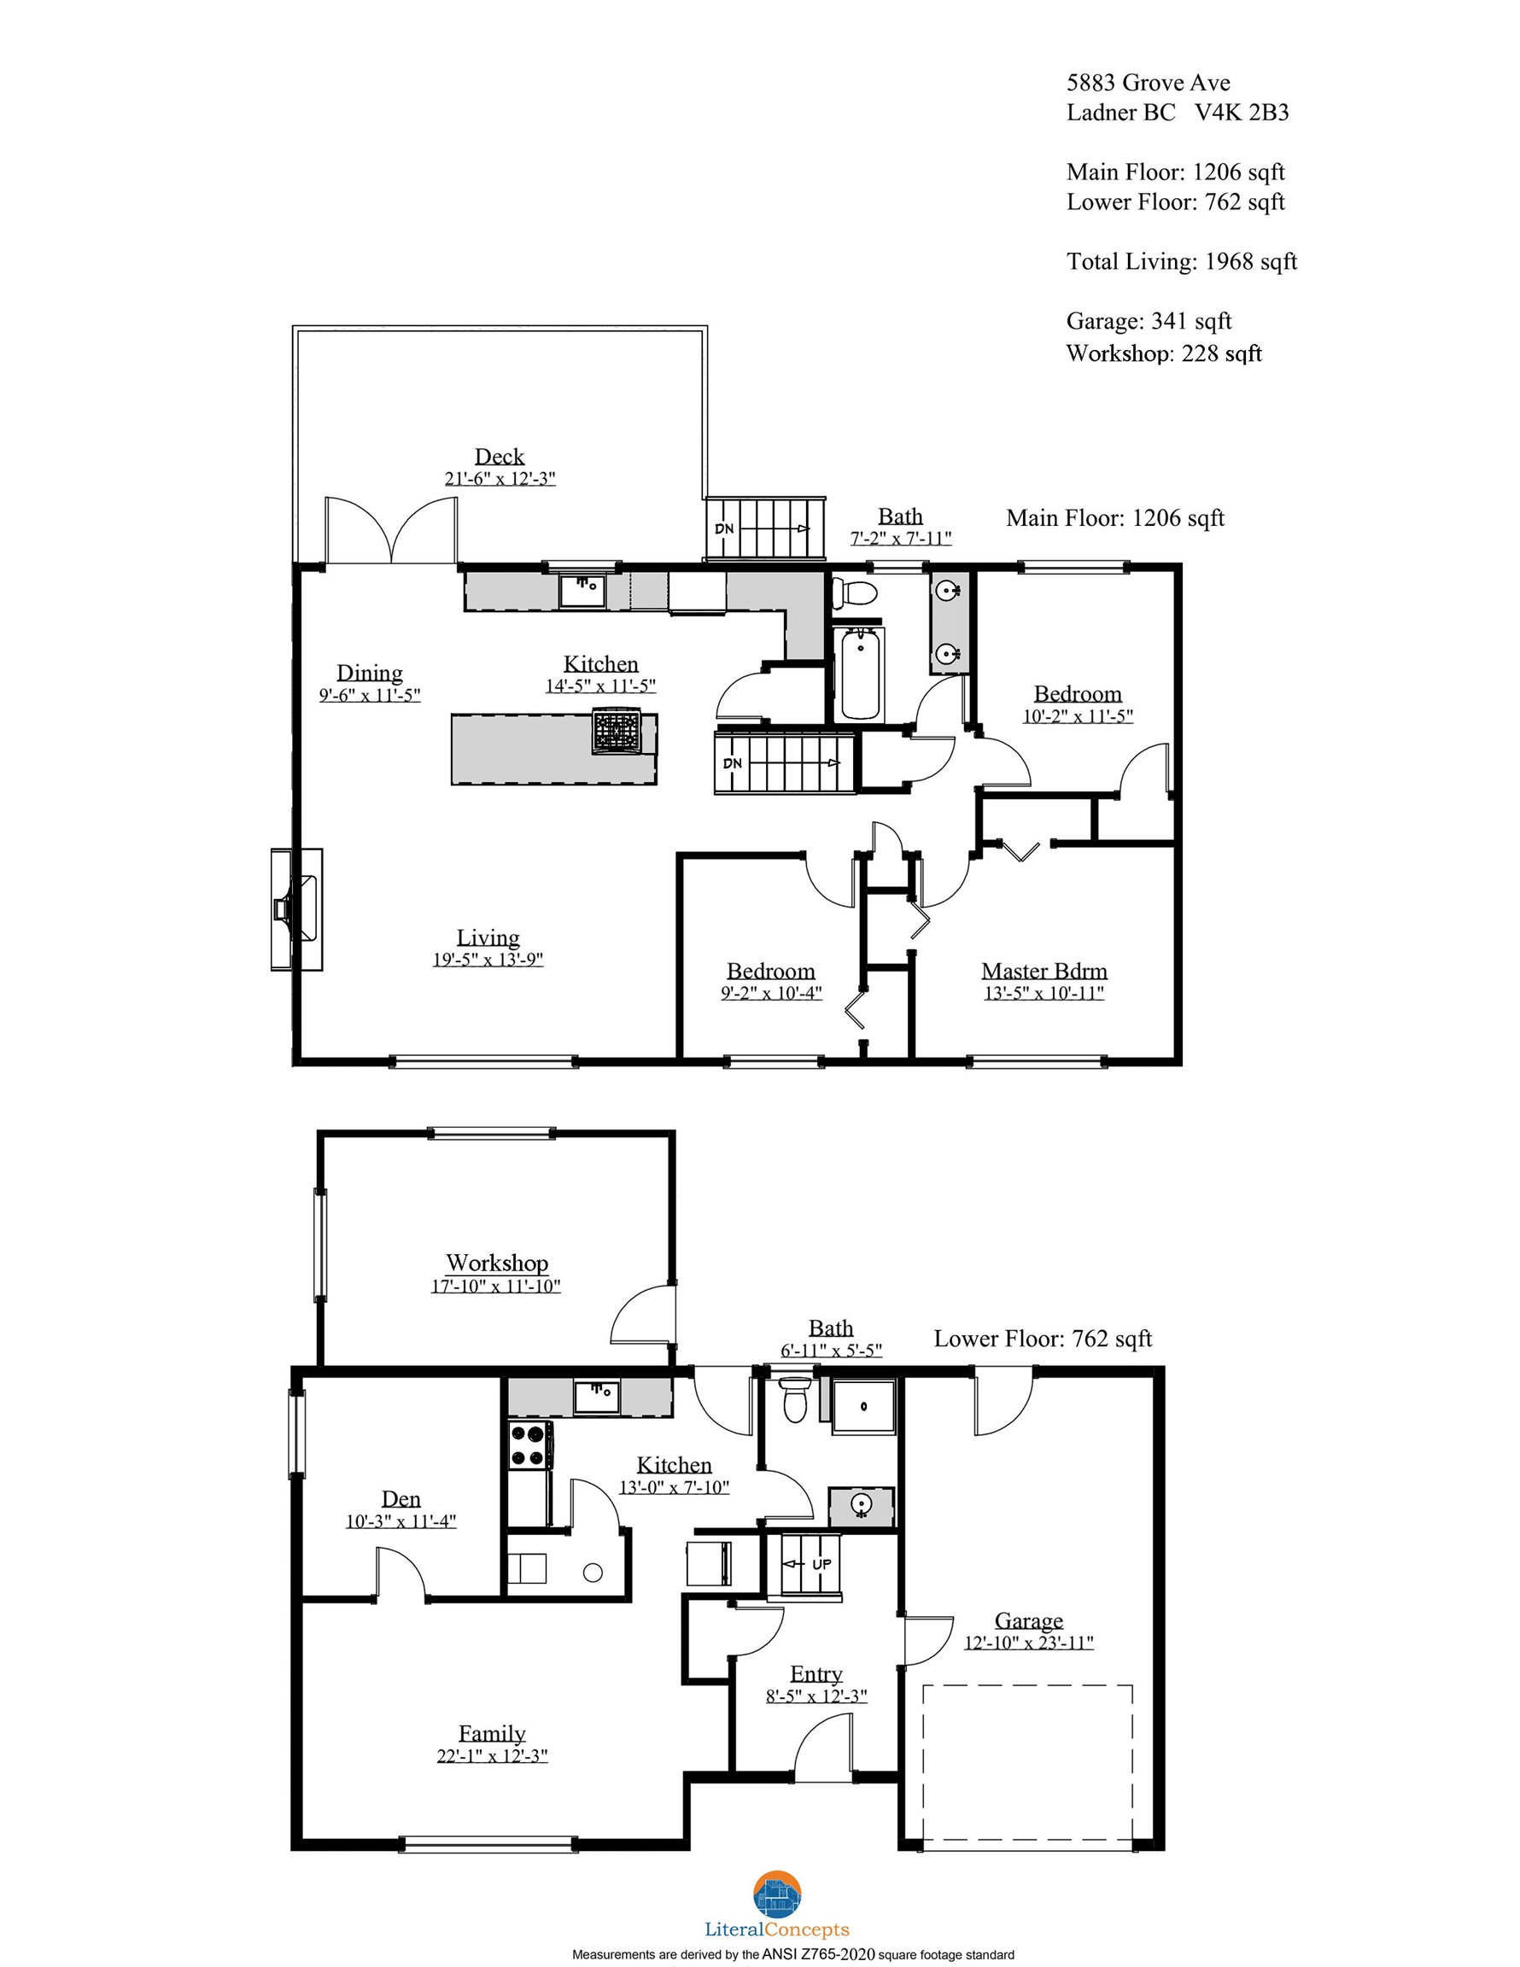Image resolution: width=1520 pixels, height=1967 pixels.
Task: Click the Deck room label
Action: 500,457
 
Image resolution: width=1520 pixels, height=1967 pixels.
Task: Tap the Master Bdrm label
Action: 1044,971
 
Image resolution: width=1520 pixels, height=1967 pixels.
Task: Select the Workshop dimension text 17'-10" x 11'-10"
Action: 495,1286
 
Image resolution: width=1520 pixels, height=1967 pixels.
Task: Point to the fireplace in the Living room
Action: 297,908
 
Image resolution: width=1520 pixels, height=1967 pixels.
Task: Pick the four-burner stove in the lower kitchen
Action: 530,1445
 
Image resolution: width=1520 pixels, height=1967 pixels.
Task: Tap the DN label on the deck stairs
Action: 724,528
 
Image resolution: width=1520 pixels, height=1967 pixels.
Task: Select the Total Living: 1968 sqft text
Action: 1182,261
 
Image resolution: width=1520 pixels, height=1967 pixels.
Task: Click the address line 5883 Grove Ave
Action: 1149,83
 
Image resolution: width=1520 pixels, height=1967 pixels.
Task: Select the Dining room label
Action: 370,673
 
